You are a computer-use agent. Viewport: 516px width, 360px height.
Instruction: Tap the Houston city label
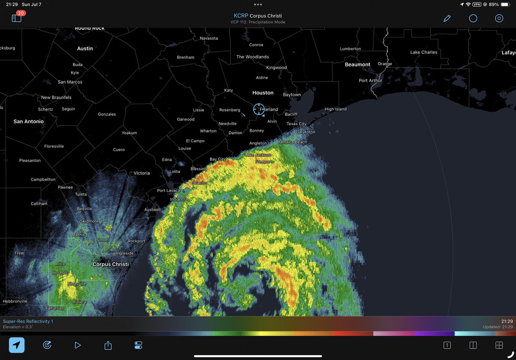tap(263, 93)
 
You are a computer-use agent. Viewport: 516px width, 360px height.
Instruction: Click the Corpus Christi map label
tap(111, 264)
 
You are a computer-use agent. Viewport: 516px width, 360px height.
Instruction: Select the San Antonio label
tap(28, 122)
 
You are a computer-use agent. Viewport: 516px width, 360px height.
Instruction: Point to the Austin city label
tap(85, 49)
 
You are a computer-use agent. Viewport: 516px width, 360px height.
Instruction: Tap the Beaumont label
tap(357, 64)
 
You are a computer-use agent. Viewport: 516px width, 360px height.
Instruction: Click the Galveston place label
tap(306, 132)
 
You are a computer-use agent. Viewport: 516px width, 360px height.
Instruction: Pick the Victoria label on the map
tap(141, 173)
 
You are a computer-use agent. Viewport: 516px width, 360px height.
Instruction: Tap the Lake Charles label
tap(424, 52)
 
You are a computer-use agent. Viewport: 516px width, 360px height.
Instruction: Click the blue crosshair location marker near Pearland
tap(259, 109)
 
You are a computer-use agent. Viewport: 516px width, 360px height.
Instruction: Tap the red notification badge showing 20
tap(21, 13)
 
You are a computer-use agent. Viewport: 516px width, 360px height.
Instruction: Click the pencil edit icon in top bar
tap(447, 18)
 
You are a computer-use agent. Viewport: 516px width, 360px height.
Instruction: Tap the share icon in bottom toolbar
tap(108, 345)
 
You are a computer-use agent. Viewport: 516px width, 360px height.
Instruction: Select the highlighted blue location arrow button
tap(17, 345)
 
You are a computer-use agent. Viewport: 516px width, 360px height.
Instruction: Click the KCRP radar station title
tap(258, 16)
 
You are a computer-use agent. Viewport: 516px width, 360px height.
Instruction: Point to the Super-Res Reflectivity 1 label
tap(28, 321)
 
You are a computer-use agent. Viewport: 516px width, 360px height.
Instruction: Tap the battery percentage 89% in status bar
tap(494, 4)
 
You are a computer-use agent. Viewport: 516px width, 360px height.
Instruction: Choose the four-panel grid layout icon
tap(499, 345)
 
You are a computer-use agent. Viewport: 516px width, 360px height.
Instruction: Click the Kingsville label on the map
tap(77, 284)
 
